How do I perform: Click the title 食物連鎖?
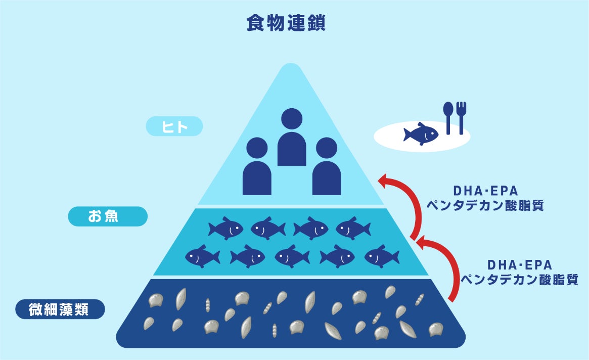tap(286, 23)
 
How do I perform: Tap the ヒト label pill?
tap(174, 126)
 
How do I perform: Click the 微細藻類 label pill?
tap(60, 308)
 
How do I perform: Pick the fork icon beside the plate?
tap(461, 117)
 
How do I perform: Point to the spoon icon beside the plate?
tap(448, 117)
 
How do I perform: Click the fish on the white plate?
tap(421, 134)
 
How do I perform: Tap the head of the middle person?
tap(292, 120)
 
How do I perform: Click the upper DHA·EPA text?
tap(485, 191)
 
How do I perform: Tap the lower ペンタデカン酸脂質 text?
tap(520, 280)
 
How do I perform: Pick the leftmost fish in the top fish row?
tap(226, 229)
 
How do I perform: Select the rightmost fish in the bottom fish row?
tap(382, 256)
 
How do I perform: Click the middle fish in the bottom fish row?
tap(292, 256)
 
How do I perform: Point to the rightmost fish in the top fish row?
tap(353, 229)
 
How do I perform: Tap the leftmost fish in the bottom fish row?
tap(202, 256)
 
